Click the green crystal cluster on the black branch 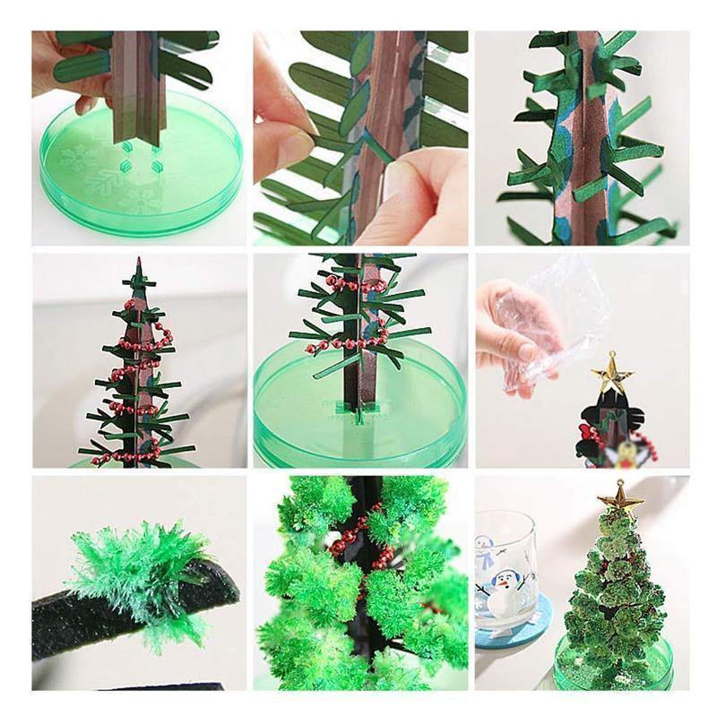pyautogui.click(x=139, y=574)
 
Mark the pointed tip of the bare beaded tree pyautogui.click(x=138, y=262)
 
